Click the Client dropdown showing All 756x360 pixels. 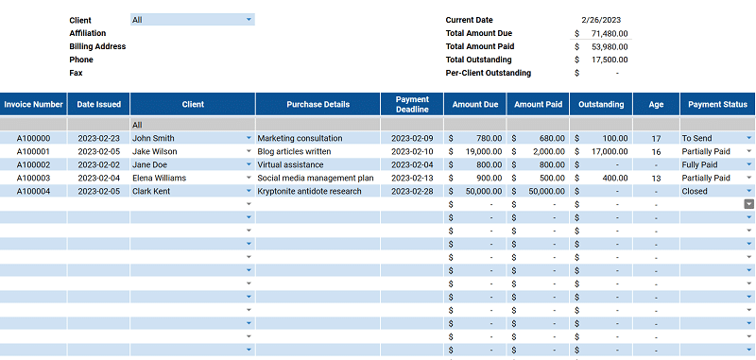(192, 19)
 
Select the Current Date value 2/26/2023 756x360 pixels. (601, 20)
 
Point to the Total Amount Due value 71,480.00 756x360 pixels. (609, 33)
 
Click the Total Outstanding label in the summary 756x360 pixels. (481, 60)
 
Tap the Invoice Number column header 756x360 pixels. (33, 104)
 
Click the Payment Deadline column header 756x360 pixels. (412, 104)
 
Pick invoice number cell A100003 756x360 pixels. (33, 178)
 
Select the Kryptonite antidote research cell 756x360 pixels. (309, 191)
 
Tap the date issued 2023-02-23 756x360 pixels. (98, 138)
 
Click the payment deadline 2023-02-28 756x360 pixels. (412, 191)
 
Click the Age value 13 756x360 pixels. (656, 178)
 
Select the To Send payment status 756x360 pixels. (712, 138)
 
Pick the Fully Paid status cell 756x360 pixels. (712, 164)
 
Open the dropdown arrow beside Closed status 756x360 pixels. (748, 191)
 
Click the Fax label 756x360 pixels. (76, 73)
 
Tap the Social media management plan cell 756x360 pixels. (315, 178)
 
